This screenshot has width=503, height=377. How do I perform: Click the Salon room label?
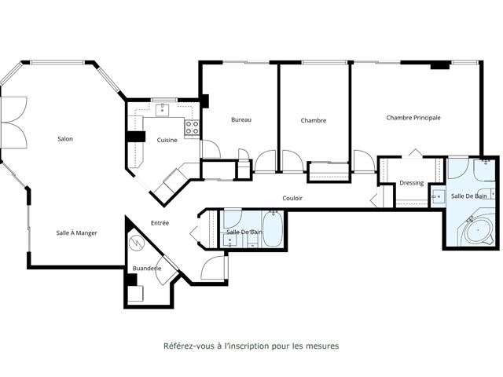tap(65, 139)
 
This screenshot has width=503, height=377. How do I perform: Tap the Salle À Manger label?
tap(76, 232)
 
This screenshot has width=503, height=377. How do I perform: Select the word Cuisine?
tap(167, 140)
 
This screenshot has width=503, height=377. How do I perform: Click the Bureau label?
tap(240, 119)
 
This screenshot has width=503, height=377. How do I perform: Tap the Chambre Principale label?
tap(413, 118)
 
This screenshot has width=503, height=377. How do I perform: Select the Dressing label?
tap(411, 183)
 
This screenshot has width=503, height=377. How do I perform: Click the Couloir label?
tap(292, 198)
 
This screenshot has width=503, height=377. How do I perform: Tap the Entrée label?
tap(160, 223)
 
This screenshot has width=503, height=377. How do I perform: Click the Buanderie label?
tap(146, 268)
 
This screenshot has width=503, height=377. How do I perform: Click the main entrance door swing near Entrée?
tap(213, 268)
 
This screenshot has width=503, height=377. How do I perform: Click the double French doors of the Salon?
tap(14, 122)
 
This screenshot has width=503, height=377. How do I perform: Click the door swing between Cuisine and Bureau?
tap(210, 148)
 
